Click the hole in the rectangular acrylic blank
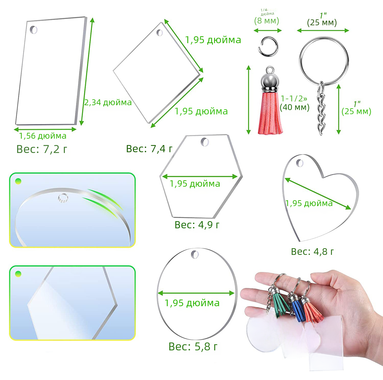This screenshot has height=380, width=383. pyautogui.click(x=33, y=30)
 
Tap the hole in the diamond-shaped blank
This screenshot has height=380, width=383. pyautogui.click(x=160, y=33)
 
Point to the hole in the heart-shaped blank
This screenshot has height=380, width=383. pyautogui.click(x=300, y=163)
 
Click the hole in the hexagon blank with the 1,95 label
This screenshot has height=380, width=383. pyautogui.click(x=205, y=142)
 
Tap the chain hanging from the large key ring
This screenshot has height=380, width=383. pyautogui.click(x=321, y=109)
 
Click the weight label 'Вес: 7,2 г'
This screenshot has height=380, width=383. pyautogui.click(x=42, y=149)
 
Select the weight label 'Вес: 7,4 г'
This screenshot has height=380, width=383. pyautogui.click(x=149, y=149)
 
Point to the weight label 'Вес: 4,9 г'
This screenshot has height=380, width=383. pyautogui.click(x=197, y=225)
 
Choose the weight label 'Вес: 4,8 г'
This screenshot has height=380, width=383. pyautogui.click(x=312, y=252)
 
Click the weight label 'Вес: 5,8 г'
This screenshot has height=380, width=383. pyautogui.click(x=193, y=347)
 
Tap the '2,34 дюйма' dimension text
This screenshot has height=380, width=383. pyautogui.click(x=108, y=102)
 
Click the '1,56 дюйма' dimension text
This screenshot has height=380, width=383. pyautogui.click(x=43, y=136)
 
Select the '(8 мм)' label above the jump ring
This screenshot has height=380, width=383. pyautogui.click(x=267, y=20)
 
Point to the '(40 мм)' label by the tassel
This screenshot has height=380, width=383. pyautogui.click(x=295, y=107)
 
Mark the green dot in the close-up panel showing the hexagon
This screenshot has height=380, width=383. pyautogui.click(x=18, y=274)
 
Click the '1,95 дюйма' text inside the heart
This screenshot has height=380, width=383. pyautogui.click(x=309, y=203)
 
